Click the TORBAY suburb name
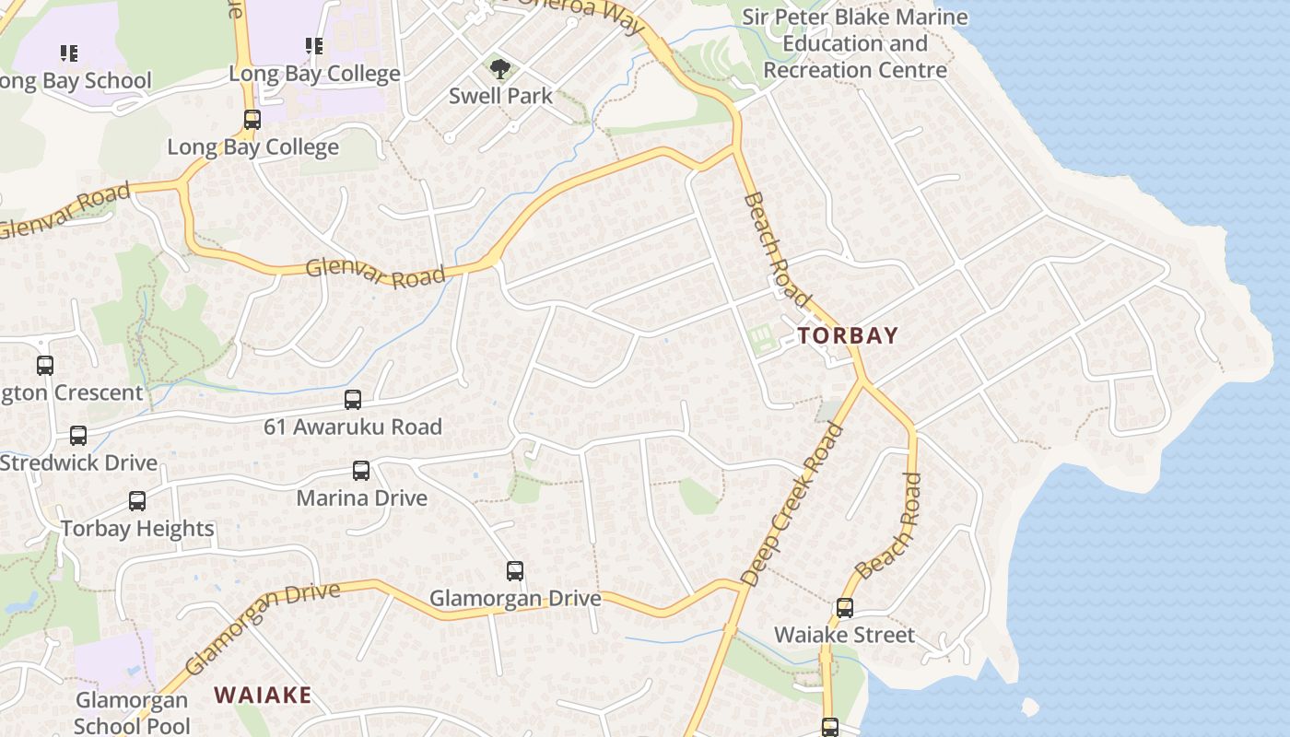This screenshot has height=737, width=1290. click(848, 335)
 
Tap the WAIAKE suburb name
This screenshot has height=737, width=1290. click(263, 695)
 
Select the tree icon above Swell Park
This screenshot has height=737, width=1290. click(500, 68)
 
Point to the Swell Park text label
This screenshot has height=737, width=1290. click(500, 96)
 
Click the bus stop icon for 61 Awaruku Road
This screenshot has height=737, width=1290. click(353, 400)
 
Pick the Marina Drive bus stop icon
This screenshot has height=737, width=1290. click(361, 471)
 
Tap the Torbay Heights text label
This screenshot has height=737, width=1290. click(137, 529)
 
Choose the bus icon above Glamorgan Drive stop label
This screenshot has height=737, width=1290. click(515, 571)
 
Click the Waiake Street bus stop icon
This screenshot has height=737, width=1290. click(845, 608)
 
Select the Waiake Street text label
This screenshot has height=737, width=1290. click(844, 635)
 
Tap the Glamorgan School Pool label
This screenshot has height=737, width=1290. click(132, 713)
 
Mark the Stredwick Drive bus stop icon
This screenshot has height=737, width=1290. click(78, 435)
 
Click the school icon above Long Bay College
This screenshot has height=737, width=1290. click(314, 46)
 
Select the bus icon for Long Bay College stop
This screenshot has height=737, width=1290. click(252, 120)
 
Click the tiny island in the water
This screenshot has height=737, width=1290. click(1030, 707)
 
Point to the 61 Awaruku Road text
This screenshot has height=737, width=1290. click(353, 427)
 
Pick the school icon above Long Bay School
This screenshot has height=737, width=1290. click(69, 53)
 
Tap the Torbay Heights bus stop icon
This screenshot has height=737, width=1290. click(137, 501)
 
